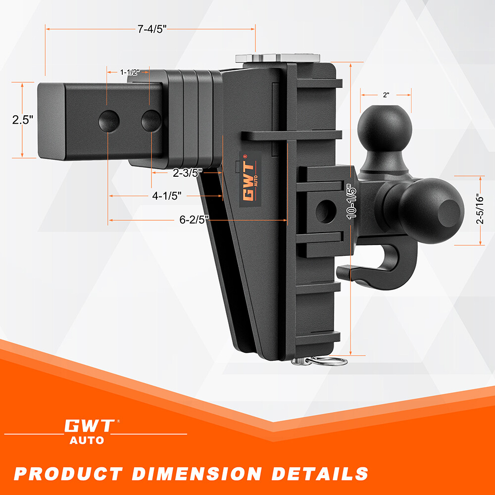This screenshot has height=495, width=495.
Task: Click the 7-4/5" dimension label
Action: [x=151, y=29]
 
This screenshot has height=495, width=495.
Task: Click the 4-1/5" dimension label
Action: [x=166, y=196]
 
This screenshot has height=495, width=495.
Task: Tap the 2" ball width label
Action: [x=386, y=94]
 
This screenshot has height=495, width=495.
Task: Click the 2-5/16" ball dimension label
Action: [x=479, y=209]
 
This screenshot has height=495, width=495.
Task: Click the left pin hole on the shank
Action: [x=108, y=120]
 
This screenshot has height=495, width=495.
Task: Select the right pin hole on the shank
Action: [x=150, y=120]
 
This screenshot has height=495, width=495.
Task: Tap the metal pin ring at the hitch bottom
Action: [x=328, y=361]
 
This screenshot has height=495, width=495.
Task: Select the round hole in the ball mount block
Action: [x=325, y=210]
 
